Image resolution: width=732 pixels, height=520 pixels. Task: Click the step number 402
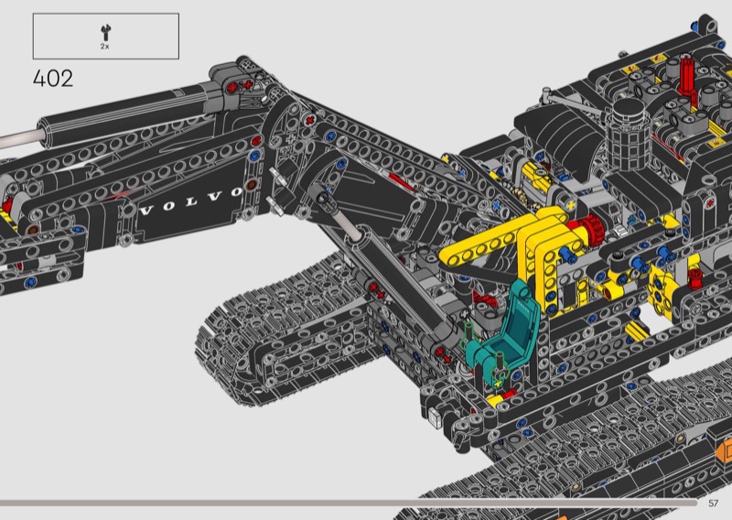click(53, 79)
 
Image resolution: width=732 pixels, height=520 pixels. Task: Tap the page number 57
click(713, 504)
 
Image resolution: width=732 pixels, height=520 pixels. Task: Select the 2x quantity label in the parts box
click(104, 47)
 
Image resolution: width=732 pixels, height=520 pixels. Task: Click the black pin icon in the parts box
click(106, 32)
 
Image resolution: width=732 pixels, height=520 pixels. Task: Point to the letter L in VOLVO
click(191, 201)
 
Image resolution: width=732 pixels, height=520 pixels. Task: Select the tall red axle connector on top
click(685, 79)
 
